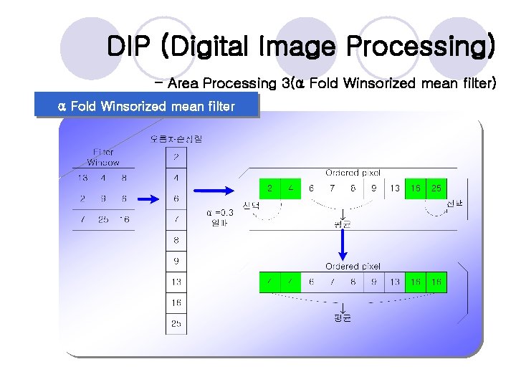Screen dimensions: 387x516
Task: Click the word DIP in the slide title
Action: tap(130, 47)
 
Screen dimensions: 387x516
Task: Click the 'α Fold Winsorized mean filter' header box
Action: tap(147, 107)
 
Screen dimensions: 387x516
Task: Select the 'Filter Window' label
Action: tap(103, 157)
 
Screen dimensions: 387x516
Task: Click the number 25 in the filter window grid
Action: tap(103, 219)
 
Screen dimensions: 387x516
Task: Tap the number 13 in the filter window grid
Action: tap(82, 178)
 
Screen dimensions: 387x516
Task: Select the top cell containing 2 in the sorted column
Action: tap(176, 157)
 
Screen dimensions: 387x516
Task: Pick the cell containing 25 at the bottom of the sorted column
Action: tap(176, 324)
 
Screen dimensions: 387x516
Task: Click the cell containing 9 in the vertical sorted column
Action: tap(176, 262)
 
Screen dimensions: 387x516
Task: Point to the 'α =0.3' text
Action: tap(219, 213)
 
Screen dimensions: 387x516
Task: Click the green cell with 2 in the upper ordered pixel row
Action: tap(269, 188)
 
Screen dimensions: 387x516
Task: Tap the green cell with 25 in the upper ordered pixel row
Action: tap(436, 188)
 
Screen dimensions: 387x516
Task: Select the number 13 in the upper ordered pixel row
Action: tap(395, 188)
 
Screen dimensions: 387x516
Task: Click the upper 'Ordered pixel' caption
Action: tap(353, 173)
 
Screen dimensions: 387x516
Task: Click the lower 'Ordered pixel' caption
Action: tap(353, 267)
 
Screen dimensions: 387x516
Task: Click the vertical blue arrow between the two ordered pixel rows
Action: tap(343, 246)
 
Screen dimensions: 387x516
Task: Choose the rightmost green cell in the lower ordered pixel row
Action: tap(436, 282)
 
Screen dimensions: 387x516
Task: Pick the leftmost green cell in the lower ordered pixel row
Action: tap(269, 282)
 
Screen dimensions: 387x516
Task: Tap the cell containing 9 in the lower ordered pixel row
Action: tap(373, 282)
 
